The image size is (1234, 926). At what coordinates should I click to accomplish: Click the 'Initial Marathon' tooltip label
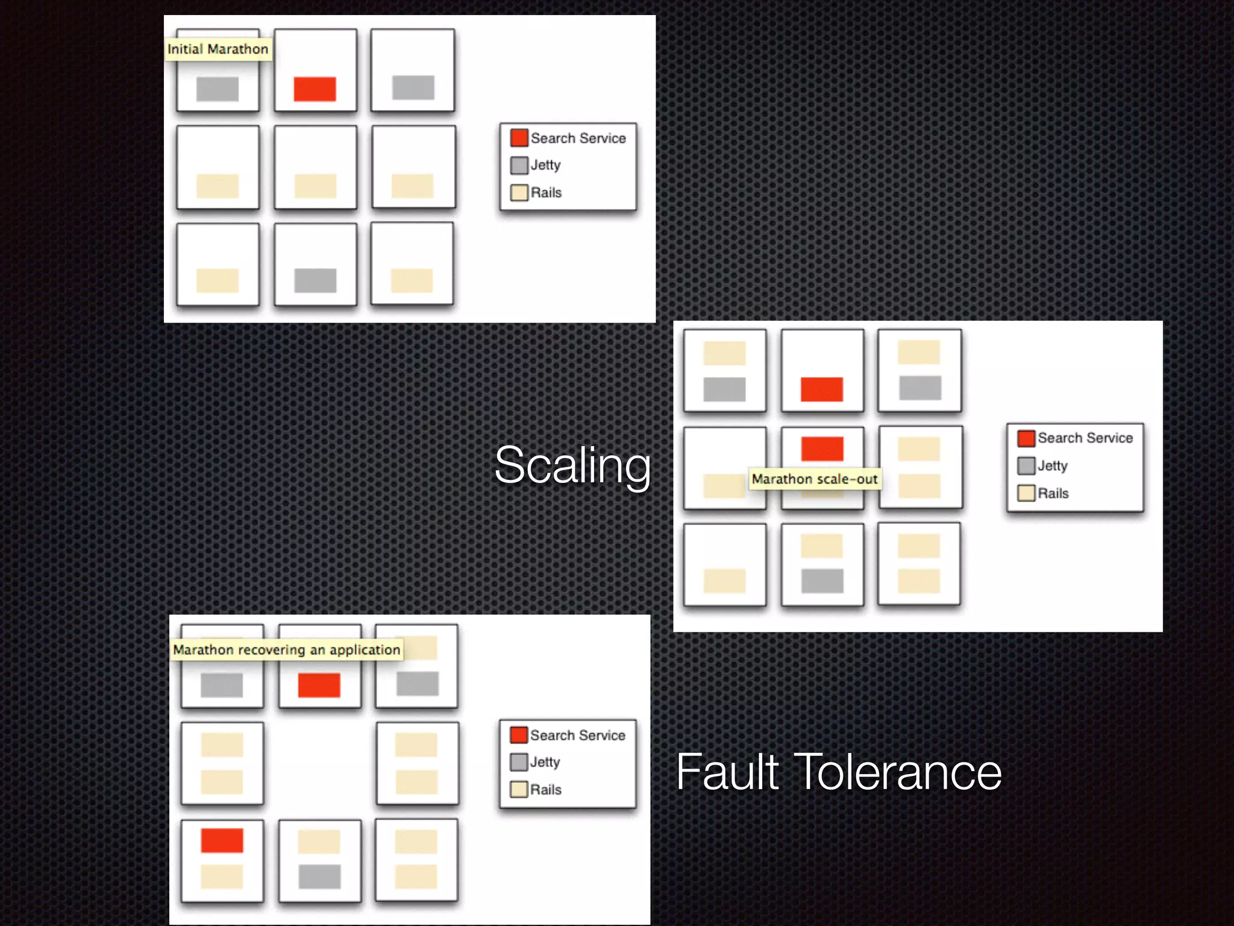[218, 49]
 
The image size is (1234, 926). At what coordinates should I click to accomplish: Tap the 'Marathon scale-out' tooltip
[814, 479]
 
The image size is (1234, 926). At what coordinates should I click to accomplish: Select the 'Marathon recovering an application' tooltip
[286, 650]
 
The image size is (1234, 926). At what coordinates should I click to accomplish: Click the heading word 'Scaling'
[572, 465]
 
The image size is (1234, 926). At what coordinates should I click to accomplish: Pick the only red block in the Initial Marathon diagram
[315, 89]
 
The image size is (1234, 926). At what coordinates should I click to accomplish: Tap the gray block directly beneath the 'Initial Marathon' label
[218, 89]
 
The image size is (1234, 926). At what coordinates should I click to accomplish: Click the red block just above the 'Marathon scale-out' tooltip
[822, 449]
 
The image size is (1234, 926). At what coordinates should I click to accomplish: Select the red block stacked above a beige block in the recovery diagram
[222, 840]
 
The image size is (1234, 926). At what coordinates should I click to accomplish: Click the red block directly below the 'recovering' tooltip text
[319, 685]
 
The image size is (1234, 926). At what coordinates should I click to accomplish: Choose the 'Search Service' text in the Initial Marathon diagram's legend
[578, 139]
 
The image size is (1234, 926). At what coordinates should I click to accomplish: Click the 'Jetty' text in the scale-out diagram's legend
[1052, 466]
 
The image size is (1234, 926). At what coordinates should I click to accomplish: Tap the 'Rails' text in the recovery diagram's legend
[545, 790]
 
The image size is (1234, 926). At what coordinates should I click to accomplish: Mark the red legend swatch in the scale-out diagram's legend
[1026, 438]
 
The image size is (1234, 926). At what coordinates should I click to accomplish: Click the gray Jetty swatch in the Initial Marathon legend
[519, 165]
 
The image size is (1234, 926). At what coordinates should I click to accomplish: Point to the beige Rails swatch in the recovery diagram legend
[518, 790]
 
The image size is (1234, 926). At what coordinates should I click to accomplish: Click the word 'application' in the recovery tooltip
[365, 650]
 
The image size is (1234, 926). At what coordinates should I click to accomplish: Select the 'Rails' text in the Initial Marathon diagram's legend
[546, 193]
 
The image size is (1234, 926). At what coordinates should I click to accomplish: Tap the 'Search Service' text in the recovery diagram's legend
[577, 735]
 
